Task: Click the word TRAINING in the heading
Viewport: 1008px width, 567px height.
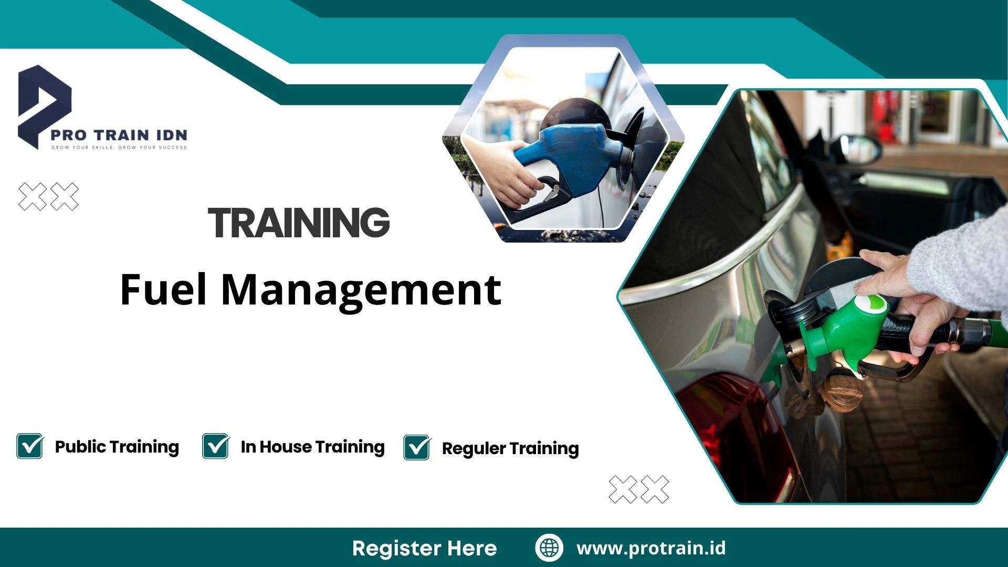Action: [x=299, y=223]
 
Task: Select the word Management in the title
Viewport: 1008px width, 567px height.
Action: [x=361, y=290]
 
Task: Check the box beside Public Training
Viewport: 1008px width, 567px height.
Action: [x=30, y=446]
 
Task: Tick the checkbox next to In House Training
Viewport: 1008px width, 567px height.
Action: [x=216, y=446]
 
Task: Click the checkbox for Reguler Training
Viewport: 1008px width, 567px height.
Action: [x=417, y=447]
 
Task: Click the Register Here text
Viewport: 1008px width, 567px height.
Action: [x=424, y=548]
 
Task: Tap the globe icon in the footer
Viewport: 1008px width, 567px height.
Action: [x=549, y=548]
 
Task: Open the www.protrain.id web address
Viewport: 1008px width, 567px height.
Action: [x=651, y=548]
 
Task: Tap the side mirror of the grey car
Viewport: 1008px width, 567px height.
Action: [x=862, y=150]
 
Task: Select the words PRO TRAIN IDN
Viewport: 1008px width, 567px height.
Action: [x=119, y=135]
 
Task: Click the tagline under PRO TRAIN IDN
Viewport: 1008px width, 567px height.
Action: [x=119, y=148]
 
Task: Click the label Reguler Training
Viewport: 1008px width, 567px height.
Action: [x=510, y=448]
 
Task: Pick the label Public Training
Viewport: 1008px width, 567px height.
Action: [x=117, y=447]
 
